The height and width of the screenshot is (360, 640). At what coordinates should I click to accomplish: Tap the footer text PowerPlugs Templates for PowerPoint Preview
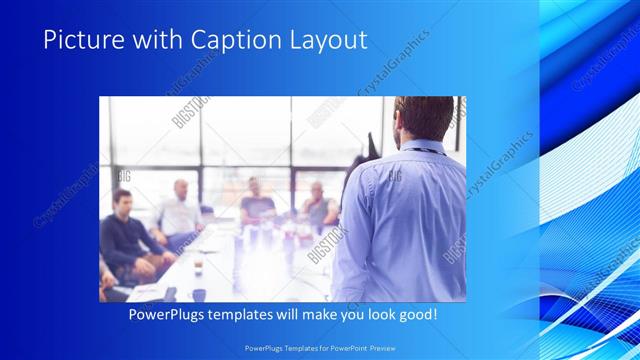click(319, 348)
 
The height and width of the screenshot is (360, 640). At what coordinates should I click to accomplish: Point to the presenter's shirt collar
click(417, 149)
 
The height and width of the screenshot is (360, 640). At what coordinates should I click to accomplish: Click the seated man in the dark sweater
click(123, 235)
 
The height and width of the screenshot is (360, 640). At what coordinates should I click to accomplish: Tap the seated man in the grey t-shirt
click(257, 205)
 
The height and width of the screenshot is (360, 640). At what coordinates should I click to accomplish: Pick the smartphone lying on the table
click(171, 293)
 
